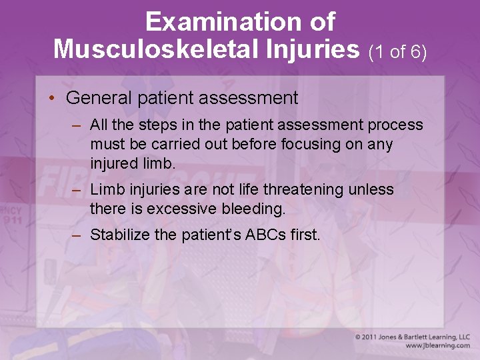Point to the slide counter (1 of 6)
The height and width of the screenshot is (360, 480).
click(397, 51)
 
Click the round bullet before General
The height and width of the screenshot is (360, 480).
click(51, 99)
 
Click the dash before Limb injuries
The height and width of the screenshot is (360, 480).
click(77, 190)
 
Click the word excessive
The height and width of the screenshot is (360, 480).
click(177, 209)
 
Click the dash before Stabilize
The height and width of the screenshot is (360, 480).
click(77, 235)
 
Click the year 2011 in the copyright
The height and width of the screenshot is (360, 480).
click(373, 337)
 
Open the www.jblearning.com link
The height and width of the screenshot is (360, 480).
click(437, 346)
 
